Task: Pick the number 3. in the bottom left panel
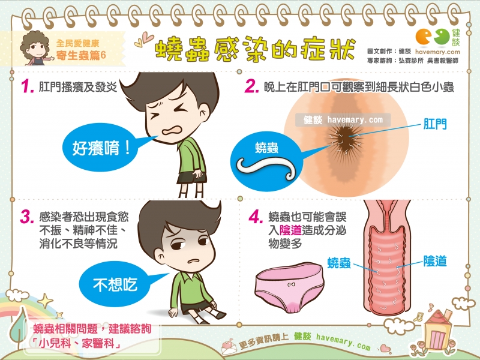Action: [x=26, y=217]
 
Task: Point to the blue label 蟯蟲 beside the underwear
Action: [x=340, y=262]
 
